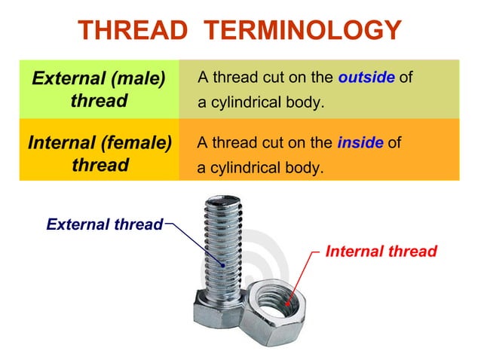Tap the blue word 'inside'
(x=360, y=143)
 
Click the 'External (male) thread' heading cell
(x=99, y=89)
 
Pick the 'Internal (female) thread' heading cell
(x=99, y=154)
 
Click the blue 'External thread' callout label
(x=104, y=224)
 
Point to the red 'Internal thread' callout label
(x=381, y=251)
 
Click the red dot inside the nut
(x=286, y=304)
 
